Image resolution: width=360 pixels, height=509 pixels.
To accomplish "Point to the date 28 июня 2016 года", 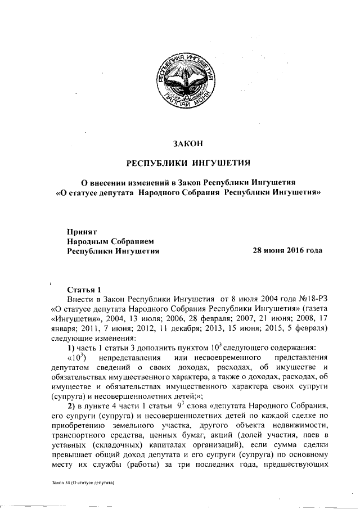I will (288, 250).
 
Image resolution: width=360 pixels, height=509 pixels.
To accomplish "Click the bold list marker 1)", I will (71, 349).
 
